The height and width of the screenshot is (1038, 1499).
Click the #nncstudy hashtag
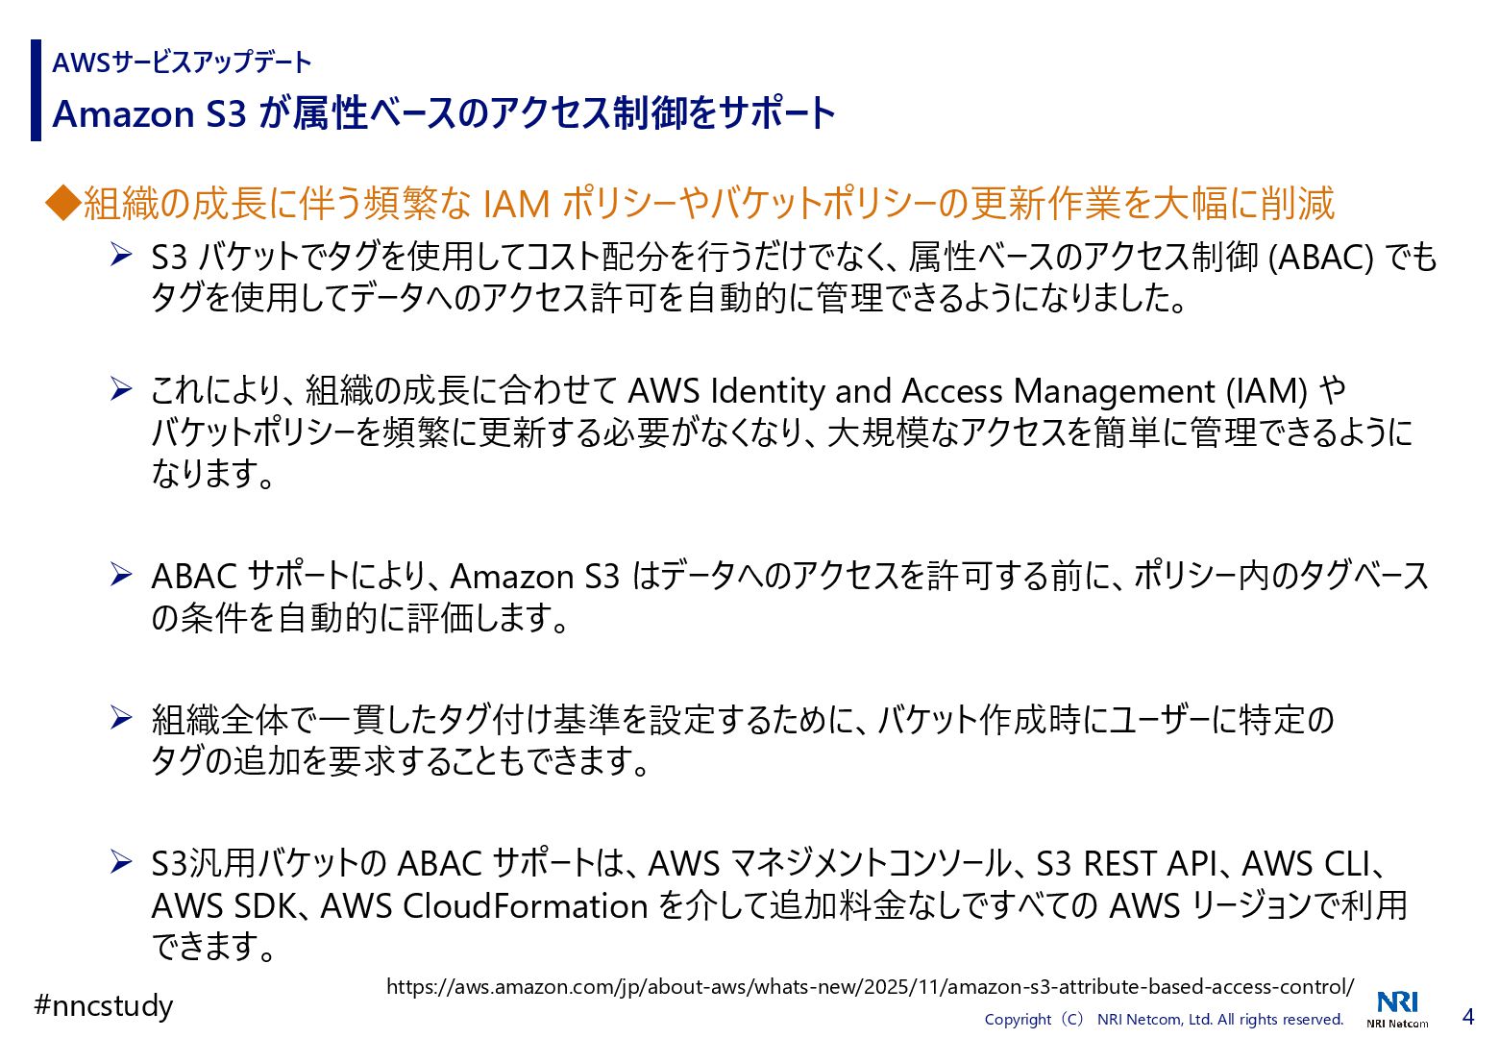tap(104, 1006)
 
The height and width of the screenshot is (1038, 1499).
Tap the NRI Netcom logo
tap(1397, 1008)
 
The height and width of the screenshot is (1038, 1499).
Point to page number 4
tap(1467, 1016)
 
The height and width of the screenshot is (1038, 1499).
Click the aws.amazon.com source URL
tap(870, 987)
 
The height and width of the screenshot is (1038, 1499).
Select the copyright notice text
tap(1164, 1020)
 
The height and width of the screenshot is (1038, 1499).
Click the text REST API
tap(1151, 864)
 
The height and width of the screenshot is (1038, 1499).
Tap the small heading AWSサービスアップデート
tap(182, 63)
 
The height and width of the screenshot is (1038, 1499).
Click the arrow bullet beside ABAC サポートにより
tap(121, 575)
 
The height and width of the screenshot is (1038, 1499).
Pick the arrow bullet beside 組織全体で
tap(121, 718)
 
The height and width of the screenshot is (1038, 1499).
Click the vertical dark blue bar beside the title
tap(37, 90)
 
